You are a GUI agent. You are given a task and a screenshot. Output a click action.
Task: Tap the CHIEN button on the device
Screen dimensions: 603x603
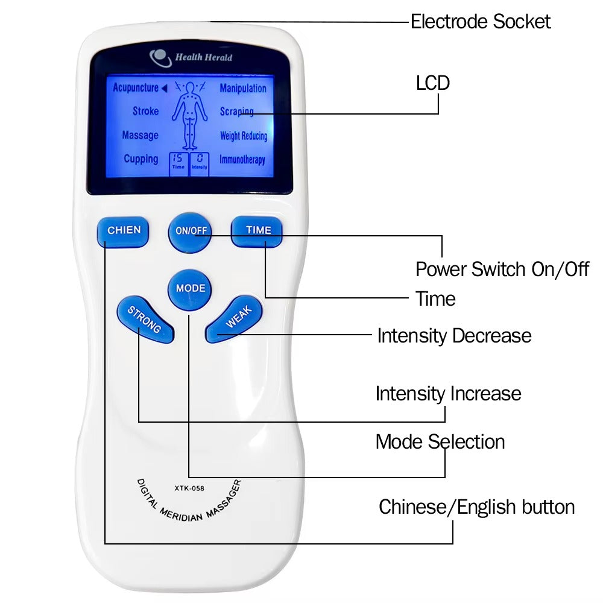click(124, 231)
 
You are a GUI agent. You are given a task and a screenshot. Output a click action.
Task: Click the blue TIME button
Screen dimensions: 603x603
click(258, 231)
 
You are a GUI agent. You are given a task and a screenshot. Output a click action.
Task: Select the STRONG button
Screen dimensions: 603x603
click(144, 320)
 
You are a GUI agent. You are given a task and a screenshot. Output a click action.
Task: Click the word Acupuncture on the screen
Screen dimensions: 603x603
click(136, 88)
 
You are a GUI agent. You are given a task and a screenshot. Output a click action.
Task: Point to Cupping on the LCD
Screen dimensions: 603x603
click(140, 159)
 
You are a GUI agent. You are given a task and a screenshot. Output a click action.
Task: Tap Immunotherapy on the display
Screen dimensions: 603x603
click(242, 160)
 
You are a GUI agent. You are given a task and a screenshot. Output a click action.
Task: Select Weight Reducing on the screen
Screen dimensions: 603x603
click(243, 136)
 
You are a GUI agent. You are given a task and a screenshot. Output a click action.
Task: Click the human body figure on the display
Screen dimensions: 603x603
click(190, 115)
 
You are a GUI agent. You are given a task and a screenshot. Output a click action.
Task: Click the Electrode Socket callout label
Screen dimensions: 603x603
click(480, 22)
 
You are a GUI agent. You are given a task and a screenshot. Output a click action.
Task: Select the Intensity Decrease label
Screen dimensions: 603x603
click(454, 335)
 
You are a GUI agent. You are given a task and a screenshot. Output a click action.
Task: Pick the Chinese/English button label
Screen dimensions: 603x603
click(476, 507)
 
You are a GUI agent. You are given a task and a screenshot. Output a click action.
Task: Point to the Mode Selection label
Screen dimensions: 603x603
click(440, 441)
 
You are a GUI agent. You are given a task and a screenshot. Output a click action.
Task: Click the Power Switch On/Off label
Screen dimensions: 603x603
click(502, 269)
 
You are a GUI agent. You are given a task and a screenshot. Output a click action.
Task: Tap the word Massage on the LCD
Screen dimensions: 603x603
click(140, 136)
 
